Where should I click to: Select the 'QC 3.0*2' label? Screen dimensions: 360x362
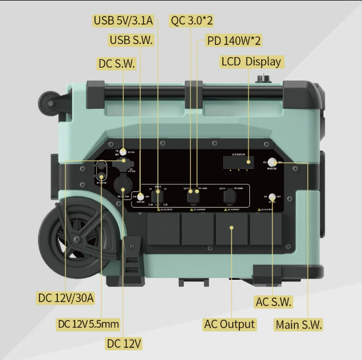point(192,21)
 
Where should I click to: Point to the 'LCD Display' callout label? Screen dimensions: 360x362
point(251,61)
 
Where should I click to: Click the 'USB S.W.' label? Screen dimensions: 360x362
point(131,40)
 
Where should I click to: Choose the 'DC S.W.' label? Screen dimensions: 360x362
point(117,63)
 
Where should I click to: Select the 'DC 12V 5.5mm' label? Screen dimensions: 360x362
point(88,324)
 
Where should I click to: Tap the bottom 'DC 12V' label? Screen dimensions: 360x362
point(124,344)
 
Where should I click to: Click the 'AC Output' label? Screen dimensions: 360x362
point(229,324)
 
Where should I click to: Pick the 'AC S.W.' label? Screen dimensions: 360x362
point(273,302)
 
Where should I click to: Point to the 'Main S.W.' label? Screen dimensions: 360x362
point(299,324)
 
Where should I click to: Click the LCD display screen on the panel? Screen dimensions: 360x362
point(238,162)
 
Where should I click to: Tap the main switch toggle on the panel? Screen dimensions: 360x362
point(272,163)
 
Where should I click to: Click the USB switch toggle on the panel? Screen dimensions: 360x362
point(140,196)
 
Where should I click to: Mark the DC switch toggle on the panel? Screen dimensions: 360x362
point(123,151)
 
